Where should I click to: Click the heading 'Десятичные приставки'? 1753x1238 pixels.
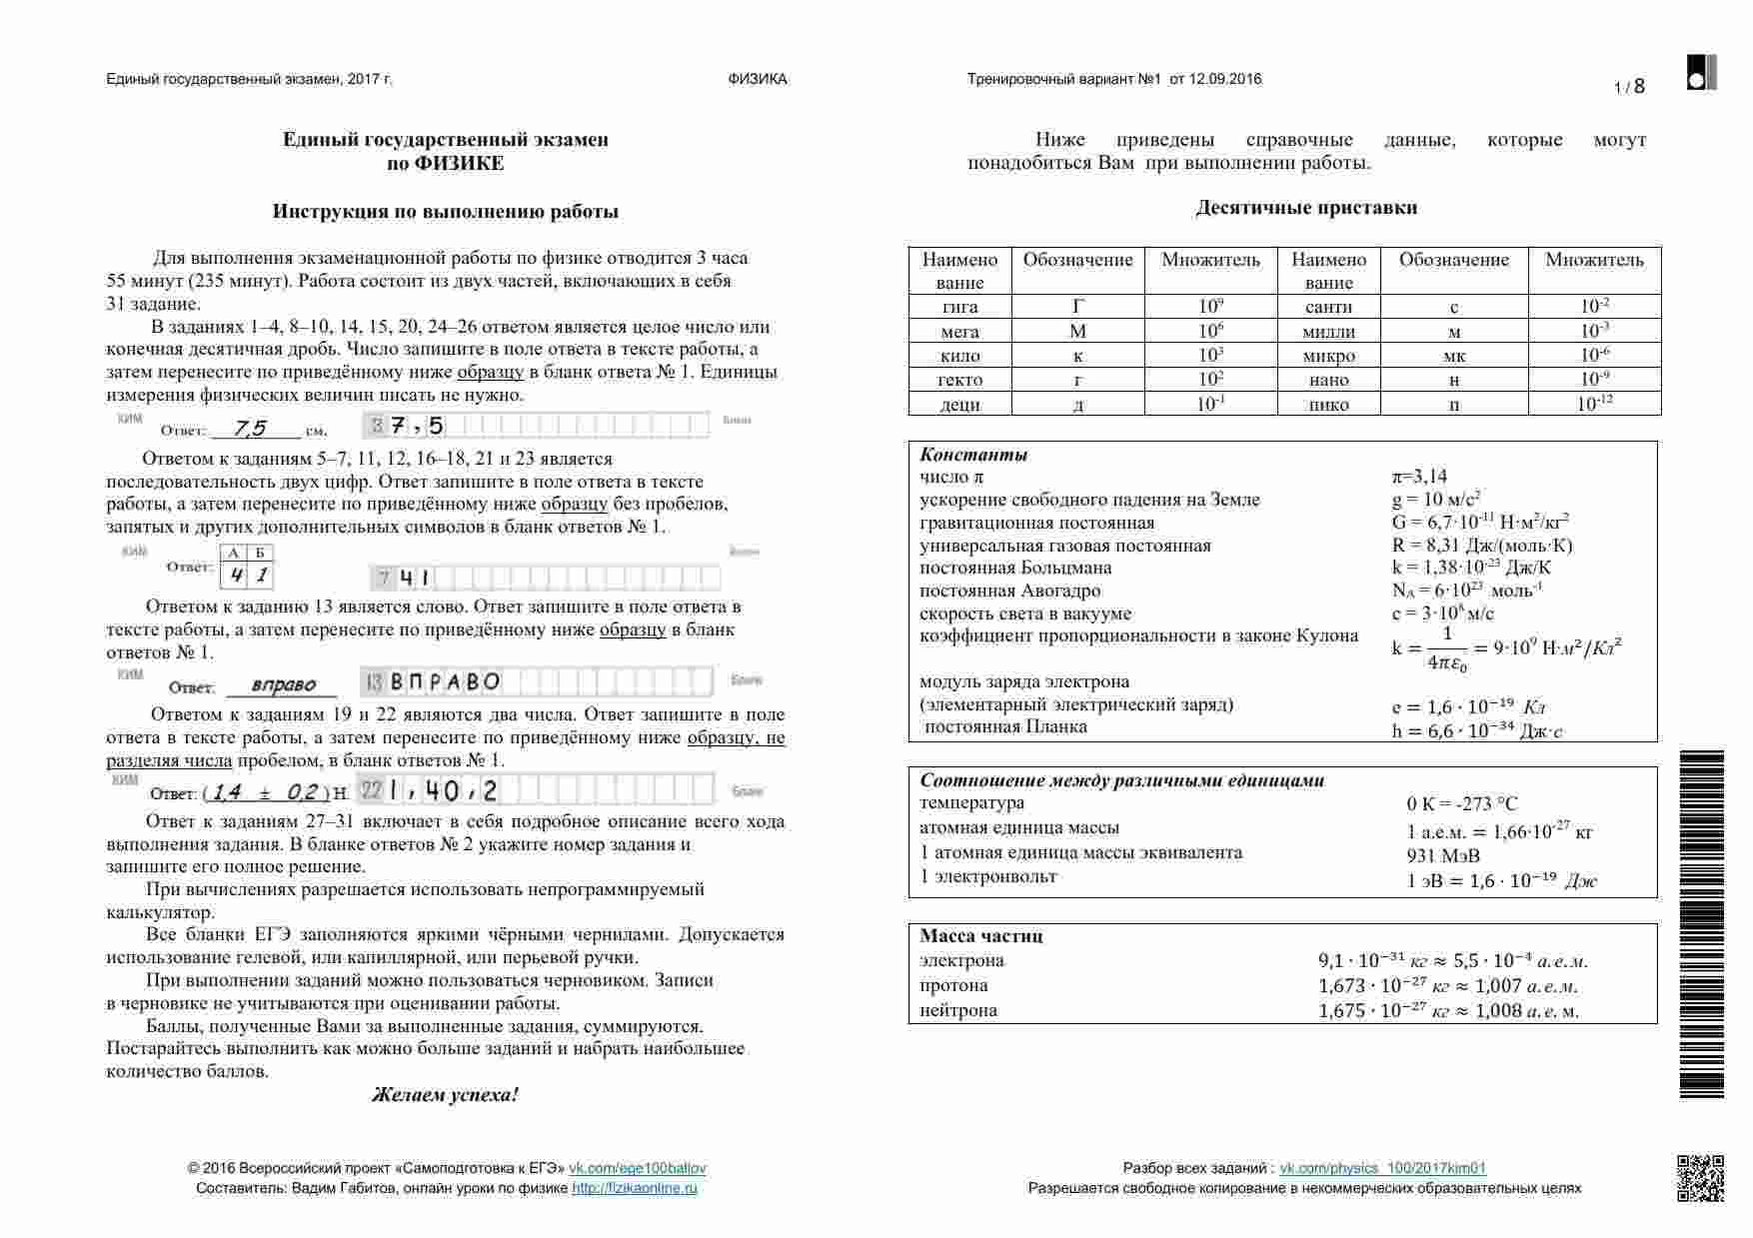[1306, 208]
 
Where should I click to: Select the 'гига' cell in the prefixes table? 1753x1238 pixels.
[959, 307]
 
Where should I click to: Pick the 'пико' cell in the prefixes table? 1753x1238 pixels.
[1328, 405]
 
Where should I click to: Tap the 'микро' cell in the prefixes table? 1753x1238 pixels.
[1328, 356]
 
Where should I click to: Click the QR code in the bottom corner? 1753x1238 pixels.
[1699, 1178]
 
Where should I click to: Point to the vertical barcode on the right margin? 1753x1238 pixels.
[1701, 924]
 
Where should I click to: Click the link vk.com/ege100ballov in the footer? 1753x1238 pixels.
[638, 1168]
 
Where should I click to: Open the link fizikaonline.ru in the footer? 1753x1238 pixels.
[635, 1188]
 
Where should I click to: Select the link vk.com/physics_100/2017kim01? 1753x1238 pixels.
[1382, 1168]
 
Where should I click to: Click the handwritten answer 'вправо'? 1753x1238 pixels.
[283, 685]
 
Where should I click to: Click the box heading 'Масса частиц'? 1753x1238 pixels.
[981, 936]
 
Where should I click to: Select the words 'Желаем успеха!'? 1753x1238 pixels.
[445, 1095]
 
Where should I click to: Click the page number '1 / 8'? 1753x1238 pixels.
[1629, 87]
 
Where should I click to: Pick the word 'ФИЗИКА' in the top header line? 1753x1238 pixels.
[758, 79]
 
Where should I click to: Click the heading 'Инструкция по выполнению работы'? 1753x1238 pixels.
[446, 212]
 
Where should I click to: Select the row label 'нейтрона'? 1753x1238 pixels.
[958, 1010]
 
